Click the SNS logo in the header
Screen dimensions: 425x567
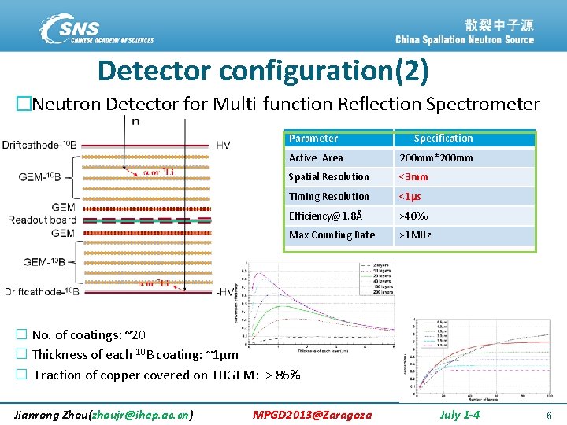click(95, 29)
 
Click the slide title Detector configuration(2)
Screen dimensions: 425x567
click(263, 71)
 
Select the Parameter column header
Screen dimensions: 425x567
click(313, 139)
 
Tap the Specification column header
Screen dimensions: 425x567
click(443, 139)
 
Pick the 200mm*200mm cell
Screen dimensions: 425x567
click(436, 158)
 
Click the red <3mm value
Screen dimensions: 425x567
click(413, 177)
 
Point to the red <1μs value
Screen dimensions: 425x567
click(410, 197)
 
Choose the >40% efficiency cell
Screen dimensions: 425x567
click(413, 216)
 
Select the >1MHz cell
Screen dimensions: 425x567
click(415, 235)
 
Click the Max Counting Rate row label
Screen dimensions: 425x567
click(332, 235)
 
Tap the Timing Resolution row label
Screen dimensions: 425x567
click(328, 197)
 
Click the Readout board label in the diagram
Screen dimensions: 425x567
click(42, 220)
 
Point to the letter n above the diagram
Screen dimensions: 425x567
click(136, 122)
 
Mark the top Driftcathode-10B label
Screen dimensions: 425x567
click(39, 145)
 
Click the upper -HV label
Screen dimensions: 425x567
click(221, 145)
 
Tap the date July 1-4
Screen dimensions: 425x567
click(459, 414)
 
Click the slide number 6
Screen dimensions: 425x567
click(548, 414)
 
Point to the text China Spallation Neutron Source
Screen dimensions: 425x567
click(465, 39)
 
